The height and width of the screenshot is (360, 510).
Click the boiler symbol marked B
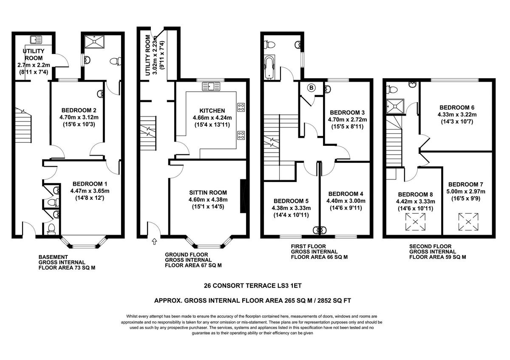point(311,88)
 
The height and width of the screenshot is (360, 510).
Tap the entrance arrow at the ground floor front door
point(154,242)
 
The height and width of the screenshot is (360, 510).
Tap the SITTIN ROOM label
point(208,193)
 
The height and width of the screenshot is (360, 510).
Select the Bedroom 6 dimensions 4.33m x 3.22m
point(457,114)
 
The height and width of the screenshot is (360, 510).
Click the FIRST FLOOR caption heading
point(308,246)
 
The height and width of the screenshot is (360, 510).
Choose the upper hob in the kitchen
point(241,107)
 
